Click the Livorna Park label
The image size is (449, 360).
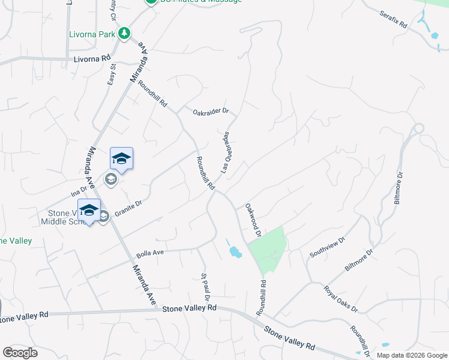92,34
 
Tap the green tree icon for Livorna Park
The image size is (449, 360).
124,33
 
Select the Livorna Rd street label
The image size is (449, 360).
92,59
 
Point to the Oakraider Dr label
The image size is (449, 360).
211,112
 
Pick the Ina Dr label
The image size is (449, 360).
79,191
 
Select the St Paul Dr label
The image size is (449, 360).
205,287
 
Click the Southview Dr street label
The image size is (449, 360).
327,247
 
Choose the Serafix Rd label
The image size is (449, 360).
394,19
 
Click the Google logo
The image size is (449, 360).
20,353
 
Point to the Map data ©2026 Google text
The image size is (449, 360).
412,355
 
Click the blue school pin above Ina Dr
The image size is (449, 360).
121,159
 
